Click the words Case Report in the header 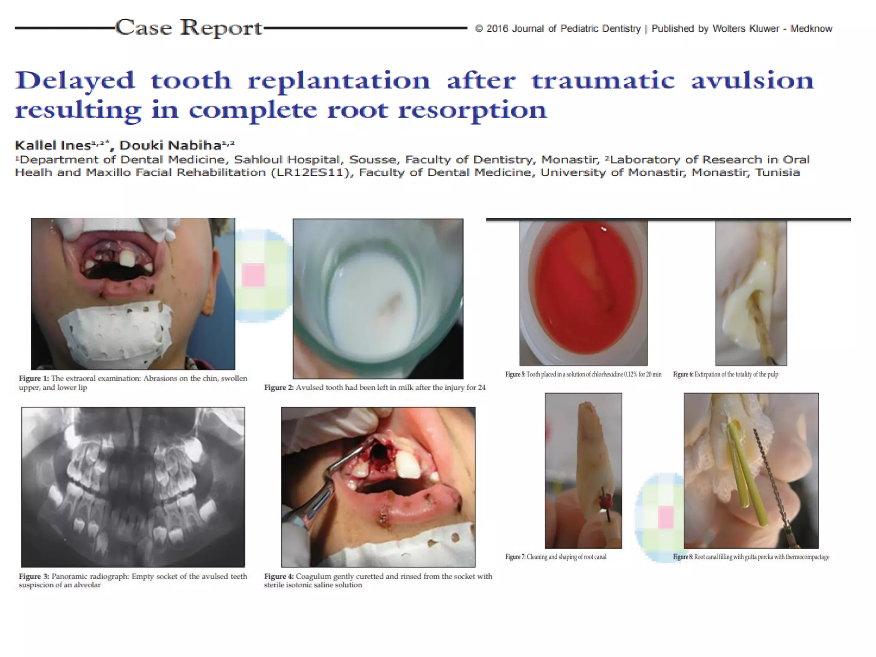(x=189, y=28)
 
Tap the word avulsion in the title (x=752, y=80)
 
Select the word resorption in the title (x=472, y=110)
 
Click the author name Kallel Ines (x=53, y=145)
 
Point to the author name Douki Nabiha (x=170, y=145)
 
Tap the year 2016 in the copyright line (x=497, y=29)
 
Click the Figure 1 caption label (x=34, y=378)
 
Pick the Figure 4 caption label (x=279, y=576)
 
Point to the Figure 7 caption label (x=515, y=557)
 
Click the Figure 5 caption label (x=515, y=374)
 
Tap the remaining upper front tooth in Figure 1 (x=127, y=259)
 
